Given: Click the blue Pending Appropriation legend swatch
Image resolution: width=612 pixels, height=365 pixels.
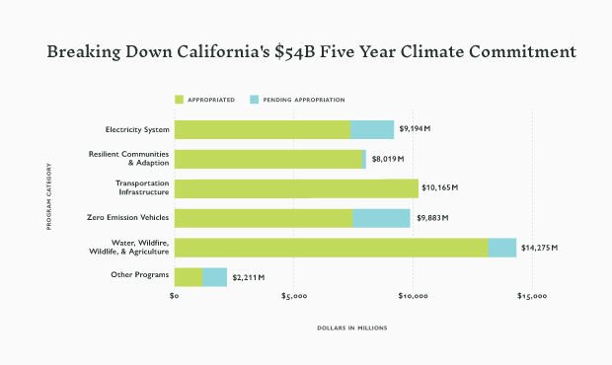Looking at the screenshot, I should click(255, 100).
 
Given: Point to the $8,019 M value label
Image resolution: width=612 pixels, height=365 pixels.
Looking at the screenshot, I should click(387, 159).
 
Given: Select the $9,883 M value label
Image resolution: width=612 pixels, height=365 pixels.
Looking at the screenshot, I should click(431, 218).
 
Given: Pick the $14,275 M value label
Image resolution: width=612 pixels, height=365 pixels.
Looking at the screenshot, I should click(540, 248).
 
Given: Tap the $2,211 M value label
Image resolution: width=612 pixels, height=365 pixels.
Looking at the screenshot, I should click(248, 277).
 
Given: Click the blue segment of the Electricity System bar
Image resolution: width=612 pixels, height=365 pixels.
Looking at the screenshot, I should click(372, 129).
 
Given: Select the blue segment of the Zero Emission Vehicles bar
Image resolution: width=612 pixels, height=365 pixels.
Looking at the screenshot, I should click(381, 218).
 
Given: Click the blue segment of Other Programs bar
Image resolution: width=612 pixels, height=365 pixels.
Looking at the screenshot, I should click(214, 277).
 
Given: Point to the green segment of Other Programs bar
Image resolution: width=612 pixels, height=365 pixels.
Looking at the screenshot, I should click(189, 277).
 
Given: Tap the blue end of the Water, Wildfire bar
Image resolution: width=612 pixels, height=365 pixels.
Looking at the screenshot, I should click(501, 248).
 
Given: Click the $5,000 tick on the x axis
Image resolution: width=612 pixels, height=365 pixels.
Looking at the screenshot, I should click(294, 296).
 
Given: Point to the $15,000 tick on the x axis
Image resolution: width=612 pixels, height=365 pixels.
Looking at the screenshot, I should click(532, 296).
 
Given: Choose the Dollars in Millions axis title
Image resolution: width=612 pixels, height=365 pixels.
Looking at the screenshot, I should click(352, 328).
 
